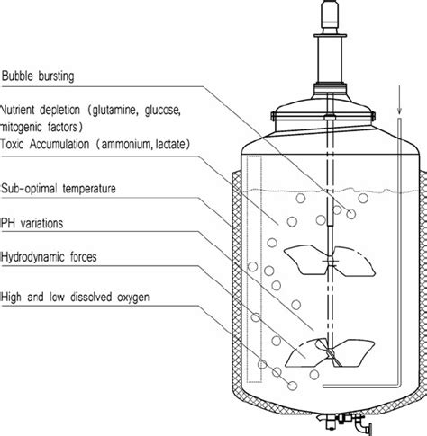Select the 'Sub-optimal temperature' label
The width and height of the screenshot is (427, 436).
pyautogui.click(x=64, y=188)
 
